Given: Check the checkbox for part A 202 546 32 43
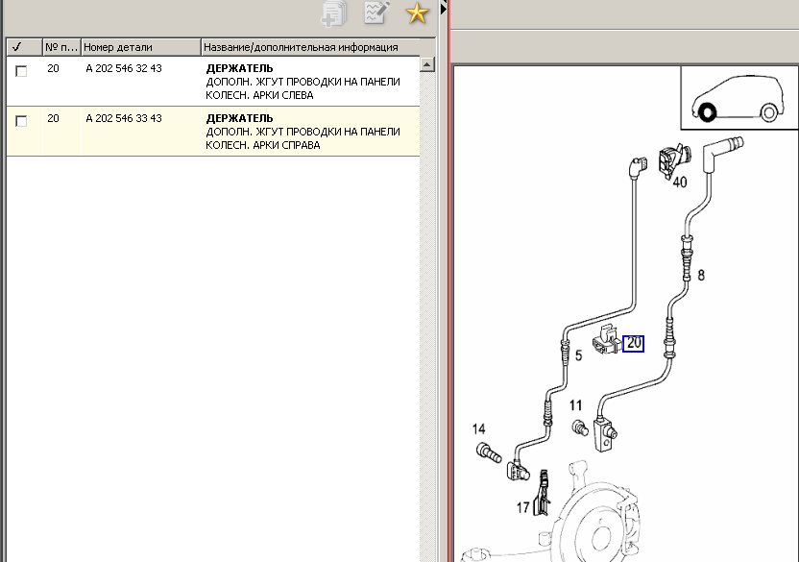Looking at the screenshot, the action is [x=21, y=71].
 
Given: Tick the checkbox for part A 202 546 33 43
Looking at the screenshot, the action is [x=21, y=121].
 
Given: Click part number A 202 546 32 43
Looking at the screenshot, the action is [x=124, y=68].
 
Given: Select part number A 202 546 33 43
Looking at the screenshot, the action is [x=124, y=118].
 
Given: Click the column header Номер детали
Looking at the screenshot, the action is [x=118, y=47].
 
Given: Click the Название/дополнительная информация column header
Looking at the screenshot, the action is [x=301, y=47].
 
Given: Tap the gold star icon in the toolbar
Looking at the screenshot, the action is [x=417, y=12].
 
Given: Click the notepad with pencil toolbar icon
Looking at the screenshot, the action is [x=376, y=12].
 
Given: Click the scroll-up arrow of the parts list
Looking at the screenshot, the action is [x=427, y=64].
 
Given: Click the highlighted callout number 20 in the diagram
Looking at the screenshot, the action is [x=634, y=343].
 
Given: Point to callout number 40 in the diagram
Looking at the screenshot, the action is [x=680, y=183].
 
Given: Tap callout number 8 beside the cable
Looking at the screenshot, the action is [x=701, y=276].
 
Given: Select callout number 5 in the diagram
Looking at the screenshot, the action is [x=578, y=355].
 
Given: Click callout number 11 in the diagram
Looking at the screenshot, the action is [x=575, y=405].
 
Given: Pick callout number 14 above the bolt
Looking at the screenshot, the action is [x=478, y=428].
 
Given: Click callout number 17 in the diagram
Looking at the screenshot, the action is [x=522, y=507].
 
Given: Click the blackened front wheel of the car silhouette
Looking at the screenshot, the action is [x=707, y=112].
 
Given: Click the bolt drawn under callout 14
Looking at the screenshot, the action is [x=489, y=452].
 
